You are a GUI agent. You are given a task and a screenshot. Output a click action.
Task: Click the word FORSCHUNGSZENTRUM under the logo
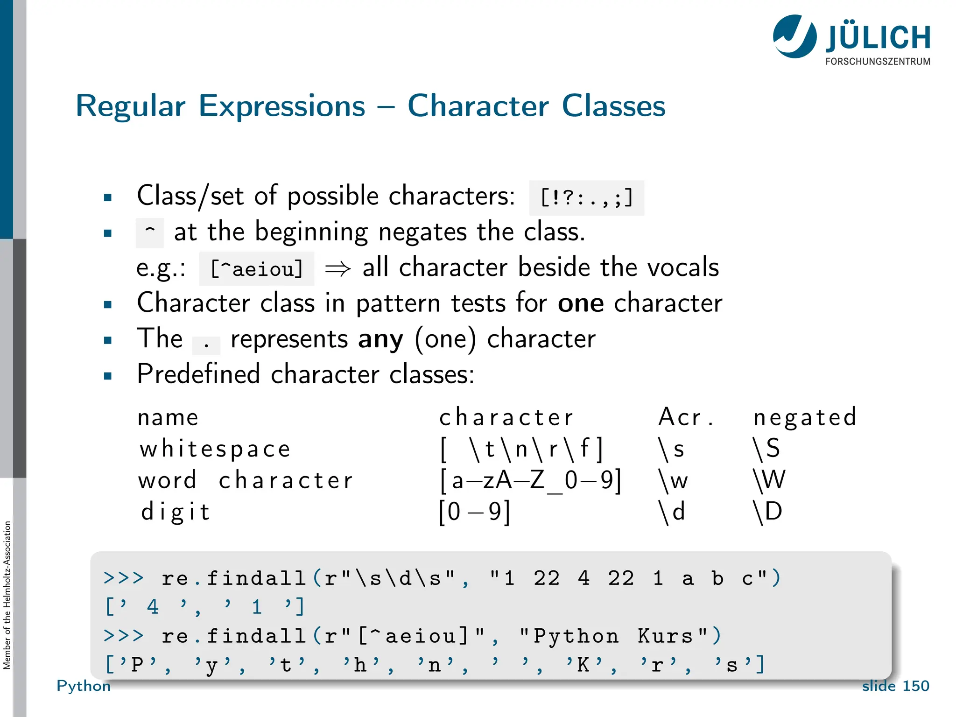tap(878, 62)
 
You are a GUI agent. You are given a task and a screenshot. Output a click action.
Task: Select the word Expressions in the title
tap(282, 106)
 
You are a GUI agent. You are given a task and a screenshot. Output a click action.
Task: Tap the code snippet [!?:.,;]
tap(586, 198)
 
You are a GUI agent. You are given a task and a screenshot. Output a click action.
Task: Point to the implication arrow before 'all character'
tap(337, 269)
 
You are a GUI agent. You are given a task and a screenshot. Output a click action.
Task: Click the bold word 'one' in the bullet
tap(581, 303)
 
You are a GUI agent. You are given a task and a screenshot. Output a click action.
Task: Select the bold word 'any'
tap(380, 339)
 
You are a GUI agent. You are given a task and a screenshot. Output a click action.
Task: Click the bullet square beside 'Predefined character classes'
tap(108, 376)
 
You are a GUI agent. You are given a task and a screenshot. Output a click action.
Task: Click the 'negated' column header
tap(805, 417)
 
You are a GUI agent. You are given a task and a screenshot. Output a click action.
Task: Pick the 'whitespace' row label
tap(215, 449)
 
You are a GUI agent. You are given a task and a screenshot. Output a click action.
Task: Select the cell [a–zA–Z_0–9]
tap(530, 480)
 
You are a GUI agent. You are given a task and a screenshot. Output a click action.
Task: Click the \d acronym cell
tap(672, 512)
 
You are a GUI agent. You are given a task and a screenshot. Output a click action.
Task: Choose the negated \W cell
tap(769, 480)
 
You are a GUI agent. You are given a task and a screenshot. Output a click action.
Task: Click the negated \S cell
tap(766, 449)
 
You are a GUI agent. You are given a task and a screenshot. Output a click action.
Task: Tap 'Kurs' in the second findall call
tap(665, 636)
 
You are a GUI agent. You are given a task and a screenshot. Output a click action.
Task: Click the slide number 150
tap(915, 686)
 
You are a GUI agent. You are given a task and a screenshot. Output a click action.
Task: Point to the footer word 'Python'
tap(84, 686)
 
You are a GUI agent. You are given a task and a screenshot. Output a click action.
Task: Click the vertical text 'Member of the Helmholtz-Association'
tap(7, 595)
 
